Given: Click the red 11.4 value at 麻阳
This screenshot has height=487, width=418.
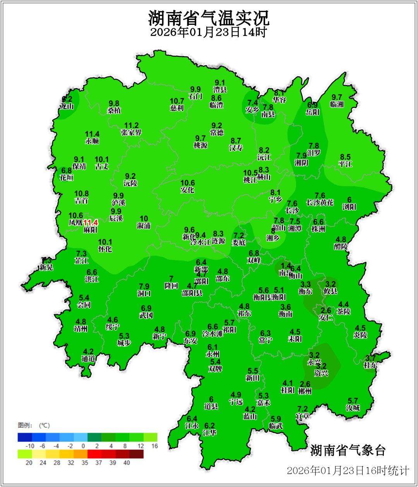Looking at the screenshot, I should tap(90, 223).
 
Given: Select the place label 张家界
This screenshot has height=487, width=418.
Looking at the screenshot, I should tap(131, 133).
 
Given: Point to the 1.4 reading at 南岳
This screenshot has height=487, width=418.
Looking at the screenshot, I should tap(286, 266).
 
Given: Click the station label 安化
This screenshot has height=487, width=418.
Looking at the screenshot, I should tap(187, 190).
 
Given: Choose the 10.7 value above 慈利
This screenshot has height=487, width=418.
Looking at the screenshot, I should tap(177, 101).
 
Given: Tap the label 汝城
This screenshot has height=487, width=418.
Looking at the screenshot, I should tap(353, 408).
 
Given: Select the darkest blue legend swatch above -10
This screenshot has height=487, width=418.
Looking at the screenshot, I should tap(24, 437).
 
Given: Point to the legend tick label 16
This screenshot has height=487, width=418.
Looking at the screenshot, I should tap(154, 446).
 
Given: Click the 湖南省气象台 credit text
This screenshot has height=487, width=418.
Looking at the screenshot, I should tap(348, 450).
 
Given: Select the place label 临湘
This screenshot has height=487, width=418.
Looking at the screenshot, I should tap(337, 105).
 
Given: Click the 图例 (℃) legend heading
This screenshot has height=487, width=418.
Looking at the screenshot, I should tap(34, 425).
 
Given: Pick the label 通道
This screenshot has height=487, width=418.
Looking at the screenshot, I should tap(88, 359).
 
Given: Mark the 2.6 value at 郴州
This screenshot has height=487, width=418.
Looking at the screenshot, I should tap(305, 384).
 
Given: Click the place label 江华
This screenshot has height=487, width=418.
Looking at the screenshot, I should tap(209, 433).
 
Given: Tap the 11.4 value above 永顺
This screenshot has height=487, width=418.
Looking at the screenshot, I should tap(92, 134).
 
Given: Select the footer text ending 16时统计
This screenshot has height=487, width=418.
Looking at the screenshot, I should tap(348, 471).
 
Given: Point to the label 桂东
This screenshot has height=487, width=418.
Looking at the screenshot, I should tap(370, 365).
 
